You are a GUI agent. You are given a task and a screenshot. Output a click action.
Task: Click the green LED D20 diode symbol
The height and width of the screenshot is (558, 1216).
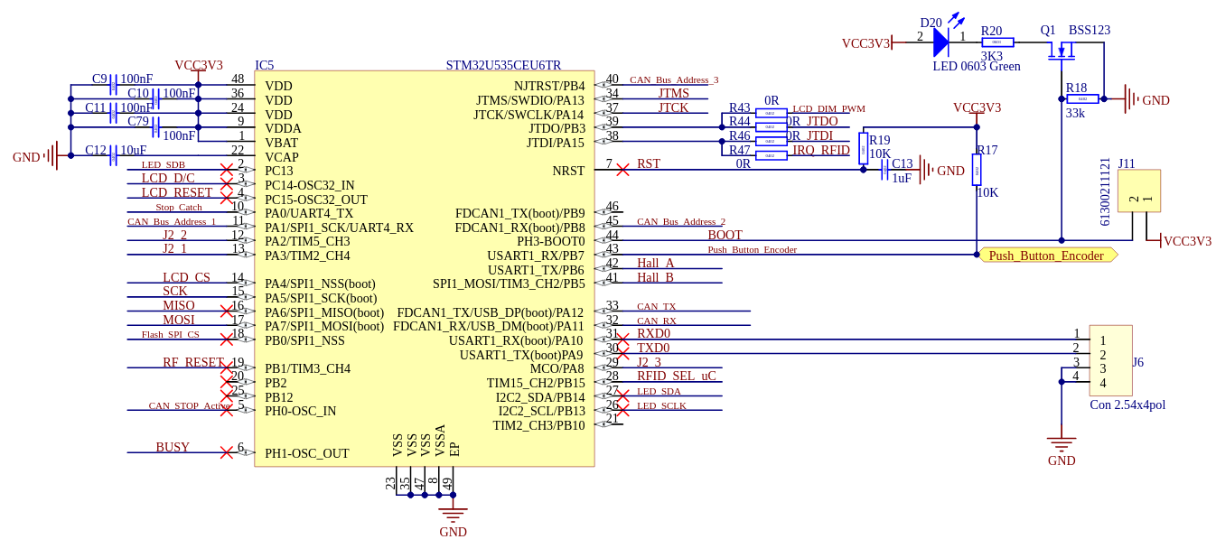click(x=940, y=42)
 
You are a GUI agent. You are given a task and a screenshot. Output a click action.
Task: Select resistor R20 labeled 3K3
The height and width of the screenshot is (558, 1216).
click(x=997, y=42)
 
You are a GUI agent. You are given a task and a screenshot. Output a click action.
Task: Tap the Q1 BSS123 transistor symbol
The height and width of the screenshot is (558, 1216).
click(x=1062, y=50)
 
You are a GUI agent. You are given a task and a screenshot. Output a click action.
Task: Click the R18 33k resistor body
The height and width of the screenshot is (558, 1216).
click(x=1082, y=99)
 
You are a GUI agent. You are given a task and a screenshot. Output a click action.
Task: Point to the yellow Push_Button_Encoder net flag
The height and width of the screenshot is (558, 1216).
click(x=1047, y=256)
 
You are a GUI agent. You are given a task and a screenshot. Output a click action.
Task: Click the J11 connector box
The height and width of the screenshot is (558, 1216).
click(x=1138, y=191)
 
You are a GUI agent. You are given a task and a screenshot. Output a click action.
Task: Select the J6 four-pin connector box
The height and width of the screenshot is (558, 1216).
click(x=1110, y=361)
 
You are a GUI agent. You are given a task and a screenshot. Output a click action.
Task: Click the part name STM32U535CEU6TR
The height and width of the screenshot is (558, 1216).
click(x=503, y=66)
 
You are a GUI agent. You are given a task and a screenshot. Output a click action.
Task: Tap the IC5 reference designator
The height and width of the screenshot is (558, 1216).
click(x=264, y=66)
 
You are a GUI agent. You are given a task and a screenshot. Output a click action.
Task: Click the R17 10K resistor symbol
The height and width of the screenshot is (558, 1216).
click(x=977, y=170)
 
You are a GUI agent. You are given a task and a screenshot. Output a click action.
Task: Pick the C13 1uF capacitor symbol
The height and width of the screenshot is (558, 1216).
click(x=885, y=170)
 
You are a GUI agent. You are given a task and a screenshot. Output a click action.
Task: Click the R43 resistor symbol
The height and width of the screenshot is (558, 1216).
click(x=771, y=113)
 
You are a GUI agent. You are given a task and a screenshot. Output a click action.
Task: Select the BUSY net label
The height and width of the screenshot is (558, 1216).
click(x=173, y=448)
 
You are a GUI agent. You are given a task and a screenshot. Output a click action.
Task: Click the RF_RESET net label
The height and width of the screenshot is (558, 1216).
click(x=193, y=363)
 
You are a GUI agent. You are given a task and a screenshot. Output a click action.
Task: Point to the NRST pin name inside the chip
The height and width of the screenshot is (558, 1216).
click(x=568, y=172)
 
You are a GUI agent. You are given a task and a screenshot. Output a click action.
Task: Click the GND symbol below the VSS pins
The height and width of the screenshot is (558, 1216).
click(x=453, y=516)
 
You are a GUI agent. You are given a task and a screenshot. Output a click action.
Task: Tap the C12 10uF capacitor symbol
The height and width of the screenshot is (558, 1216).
click(x=113, y=156)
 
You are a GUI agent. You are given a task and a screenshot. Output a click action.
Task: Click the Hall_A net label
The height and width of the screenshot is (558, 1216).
click(x=655, y=264)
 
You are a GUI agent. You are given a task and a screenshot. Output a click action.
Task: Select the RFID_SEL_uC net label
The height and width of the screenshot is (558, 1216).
click(x=676, y=377)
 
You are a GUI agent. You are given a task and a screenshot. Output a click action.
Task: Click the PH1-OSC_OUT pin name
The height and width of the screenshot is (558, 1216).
click(x=306, y=454)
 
